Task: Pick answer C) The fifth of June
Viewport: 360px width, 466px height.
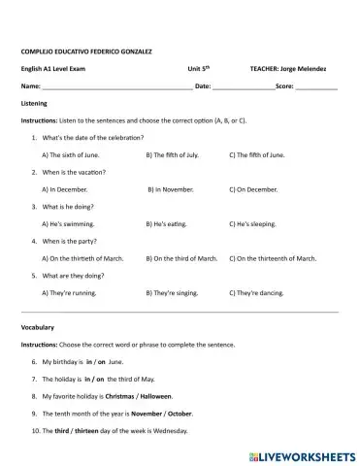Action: tap(257, 154)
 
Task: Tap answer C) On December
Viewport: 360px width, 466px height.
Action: tap(253, 189)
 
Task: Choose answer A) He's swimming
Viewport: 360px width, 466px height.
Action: tap(67, 223)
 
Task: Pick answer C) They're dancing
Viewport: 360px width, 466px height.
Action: tap(256, 292)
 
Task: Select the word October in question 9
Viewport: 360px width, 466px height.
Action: tap(180, 413)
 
